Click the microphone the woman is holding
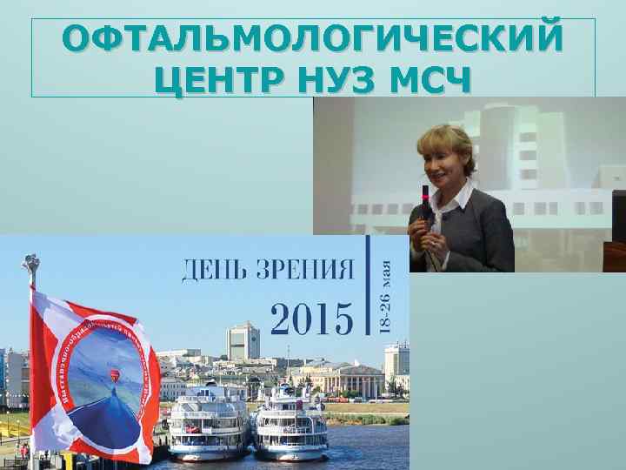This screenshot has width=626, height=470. coord(425,205)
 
